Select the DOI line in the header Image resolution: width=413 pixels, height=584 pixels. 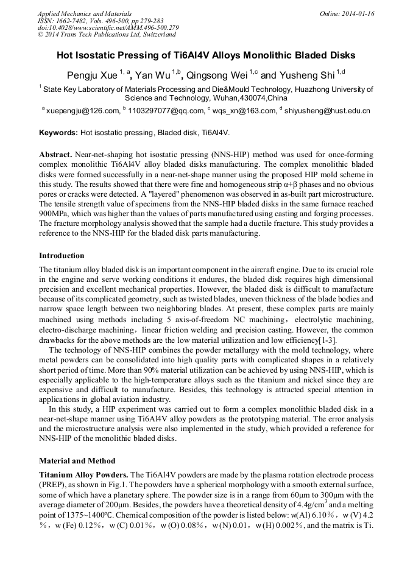pyautogui.click(x=108, y=27)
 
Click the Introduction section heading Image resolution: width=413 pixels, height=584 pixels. pyautogui.click(x=62, y=255)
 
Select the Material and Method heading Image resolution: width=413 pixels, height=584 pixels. pyautogui.click(x=77, y=460)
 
